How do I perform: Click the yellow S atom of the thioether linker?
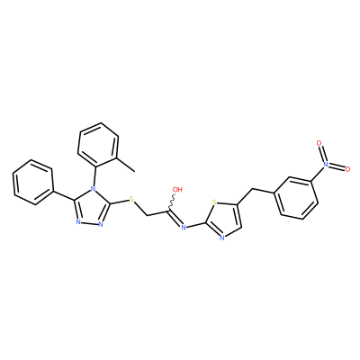131,199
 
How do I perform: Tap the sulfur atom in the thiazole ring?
214,202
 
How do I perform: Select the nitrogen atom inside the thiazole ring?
222,238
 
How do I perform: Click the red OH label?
177,189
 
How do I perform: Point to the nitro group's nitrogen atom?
326,165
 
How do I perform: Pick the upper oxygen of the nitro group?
319,143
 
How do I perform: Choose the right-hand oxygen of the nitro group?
347,169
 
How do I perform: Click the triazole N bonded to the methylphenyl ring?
94,190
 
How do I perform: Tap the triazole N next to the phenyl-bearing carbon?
78,222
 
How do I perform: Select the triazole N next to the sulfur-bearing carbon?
101,224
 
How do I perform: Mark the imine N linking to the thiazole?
184,228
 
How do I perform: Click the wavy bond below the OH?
172,202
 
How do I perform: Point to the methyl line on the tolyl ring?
125,165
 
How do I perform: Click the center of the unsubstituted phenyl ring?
33,183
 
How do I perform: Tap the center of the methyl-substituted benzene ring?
98,146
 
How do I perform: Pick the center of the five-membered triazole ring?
91,208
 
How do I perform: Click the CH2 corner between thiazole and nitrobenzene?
252,189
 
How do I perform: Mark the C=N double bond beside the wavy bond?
175,218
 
